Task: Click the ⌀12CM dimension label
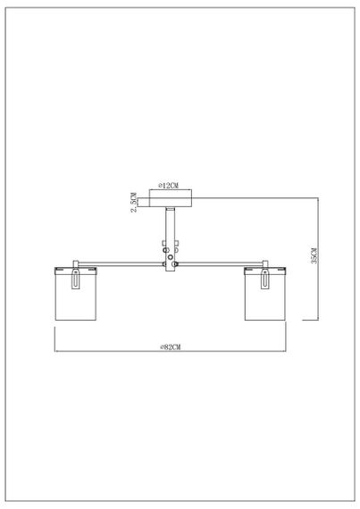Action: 169,185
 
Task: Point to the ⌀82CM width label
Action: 169,345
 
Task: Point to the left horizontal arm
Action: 121,263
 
